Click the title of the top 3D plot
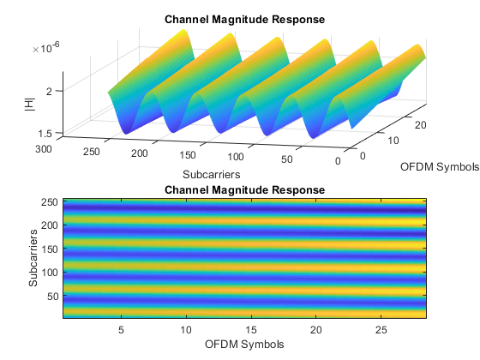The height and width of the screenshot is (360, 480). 244,19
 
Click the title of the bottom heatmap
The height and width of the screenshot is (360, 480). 244,189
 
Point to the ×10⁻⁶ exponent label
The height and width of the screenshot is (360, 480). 46,47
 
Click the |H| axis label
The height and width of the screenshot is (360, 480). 30,105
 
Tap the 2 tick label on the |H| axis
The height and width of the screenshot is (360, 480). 49,91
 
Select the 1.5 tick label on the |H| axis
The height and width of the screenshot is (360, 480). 45,134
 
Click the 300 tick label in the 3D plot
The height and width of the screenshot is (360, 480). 44,149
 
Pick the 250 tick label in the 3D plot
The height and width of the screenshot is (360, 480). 91,152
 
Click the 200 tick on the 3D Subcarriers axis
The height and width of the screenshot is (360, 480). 139,153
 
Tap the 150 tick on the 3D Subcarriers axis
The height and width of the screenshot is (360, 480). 188,155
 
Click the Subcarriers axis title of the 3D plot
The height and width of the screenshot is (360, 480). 212,175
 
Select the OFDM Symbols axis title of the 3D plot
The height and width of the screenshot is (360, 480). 440,167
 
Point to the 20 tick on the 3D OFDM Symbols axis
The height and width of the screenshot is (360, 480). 420,125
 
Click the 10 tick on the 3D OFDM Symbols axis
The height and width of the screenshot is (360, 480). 393,141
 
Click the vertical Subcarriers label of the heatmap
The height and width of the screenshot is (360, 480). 33,258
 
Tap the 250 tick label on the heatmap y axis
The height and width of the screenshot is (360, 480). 50,202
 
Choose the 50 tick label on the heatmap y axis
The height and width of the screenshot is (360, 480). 52,297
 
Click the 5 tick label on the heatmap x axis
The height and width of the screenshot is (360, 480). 121,330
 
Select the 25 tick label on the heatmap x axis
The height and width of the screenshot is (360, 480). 381,330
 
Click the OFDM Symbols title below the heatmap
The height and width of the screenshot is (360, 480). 244,345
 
